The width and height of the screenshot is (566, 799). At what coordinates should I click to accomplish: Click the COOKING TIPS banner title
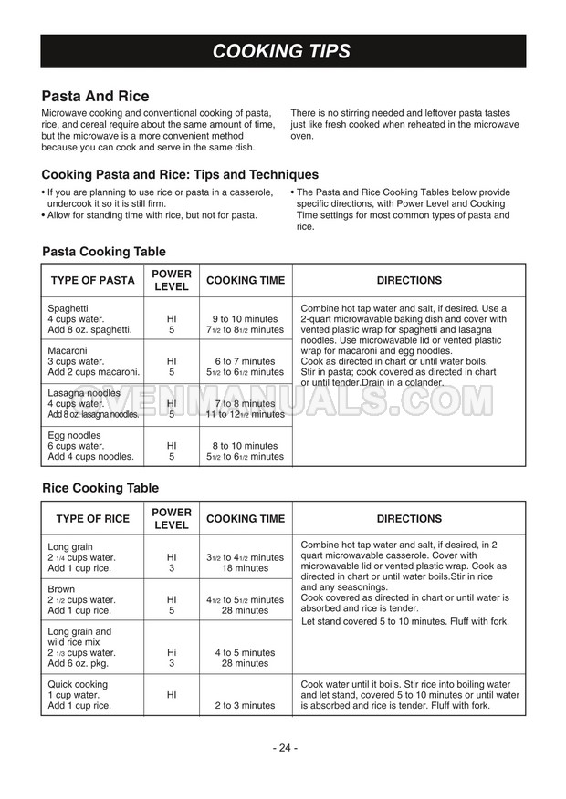point(281,51)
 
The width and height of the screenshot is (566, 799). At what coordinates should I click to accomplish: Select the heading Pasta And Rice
point(95,97)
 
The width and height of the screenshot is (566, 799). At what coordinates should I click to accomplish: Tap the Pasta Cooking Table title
point(104,252)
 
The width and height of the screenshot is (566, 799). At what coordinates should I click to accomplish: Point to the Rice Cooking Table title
point(100,488)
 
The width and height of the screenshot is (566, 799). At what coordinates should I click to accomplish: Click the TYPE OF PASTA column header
point(92,281)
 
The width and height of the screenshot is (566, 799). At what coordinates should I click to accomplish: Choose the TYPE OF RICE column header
point(92,518)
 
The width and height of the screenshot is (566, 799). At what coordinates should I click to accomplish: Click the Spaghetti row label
point(68,308)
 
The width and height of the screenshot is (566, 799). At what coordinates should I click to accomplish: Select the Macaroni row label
point(68,350)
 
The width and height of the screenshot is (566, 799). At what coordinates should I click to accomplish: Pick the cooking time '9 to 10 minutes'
point(245,319)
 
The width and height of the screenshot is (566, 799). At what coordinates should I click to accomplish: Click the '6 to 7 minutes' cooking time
point(245,361)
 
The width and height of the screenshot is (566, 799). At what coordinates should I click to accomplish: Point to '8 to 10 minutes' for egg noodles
point(245,446)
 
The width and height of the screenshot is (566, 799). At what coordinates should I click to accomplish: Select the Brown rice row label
point(61,589)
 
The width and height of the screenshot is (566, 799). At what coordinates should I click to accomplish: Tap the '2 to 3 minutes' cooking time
point(245,705)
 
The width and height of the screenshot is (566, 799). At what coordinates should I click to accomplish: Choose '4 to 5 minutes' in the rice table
point(245,652)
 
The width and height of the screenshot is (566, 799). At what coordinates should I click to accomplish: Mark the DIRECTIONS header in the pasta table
point(409,281)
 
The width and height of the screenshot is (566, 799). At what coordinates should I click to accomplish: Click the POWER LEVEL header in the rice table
point(172,518)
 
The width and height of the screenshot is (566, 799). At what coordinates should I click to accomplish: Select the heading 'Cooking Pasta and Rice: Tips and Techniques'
point(180,174)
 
